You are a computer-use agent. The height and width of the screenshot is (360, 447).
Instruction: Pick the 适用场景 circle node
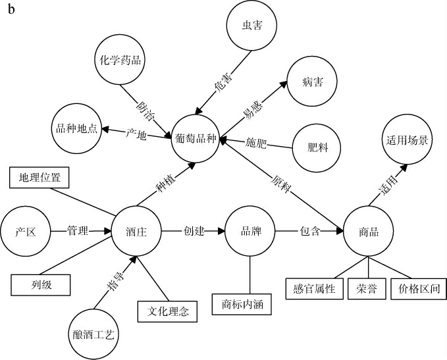tap(406, 141)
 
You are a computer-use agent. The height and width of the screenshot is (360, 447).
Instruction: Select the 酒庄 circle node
tap(136, 232)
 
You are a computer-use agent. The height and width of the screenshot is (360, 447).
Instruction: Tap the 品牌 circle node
tap(250, 231)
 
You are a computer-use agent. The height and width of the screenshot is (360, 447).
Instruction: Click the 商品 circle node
tap(368, 232)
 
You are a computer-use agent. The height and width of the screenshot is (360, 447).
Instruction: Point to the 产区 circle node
tap(26, 232)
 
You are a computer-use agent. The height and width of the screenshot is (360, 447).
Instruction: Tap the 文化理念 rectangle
tap(167, 311)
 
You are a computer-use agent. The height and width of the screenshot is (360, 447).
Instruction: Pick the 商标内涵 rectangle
tap(242, 305)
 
